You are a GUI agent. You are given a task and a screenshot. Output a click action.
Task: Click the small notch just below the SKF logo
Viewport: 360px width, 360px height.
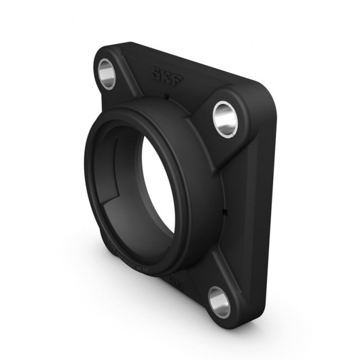(165, 98)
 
